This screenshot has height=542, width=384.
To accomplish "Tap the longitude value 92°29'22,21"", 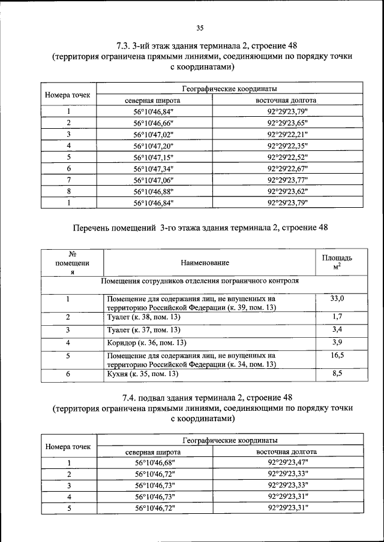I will click(x=292, y=134).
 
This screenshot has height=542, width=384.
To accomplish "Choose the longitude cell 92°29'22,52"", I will click(x=292, y=157).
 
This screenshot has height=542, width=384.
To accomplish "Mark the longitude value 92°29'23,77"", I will click(x=292, y=180).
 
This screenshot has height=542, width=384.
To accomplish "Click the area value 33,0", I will click(x=337, y=298).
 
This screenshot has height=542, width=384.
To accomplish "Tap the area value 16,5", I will click(x=337, y=355).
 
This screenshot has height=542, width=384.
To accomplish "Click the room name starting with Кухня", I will click(x=142, y=374).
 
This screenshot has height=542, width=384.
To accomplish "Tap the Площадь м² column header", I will click(x=337, y=262).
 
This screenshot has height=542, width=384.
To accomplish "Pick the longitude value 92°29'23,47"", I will click(x=292, y=463).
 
